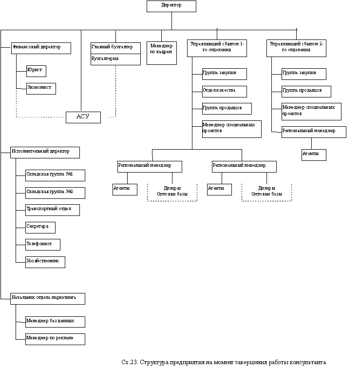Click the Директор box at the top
click(171, 6)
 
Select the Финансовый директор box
click(41, 48)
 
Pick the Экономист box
click(41, 88)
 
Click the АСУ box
click(83, 117)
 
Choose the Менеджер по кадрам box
click(161, 53)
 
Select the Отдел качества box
click(224, 91)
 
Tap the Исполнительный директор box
click(45, 152)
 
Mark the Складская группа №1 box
click(55, 175)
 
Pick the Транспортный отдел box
click(52, 210)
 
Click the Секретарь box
click(40, 227)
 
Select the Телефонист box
click(43, 244)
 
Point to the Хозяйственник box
click(45, 262)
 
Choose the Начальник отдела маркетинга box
click(48, 298)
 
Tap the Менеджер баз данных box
click(55, 322)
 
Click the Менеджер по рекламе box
click(55, 339)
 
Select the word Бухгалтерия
click(104, 58)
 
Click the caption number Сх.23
click(130, 362)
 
